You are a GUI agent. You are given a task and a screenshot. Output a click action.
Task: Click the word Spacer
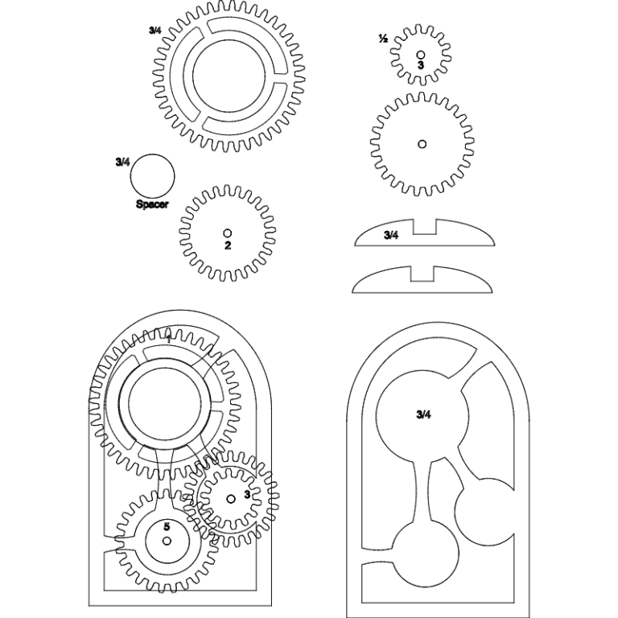152,204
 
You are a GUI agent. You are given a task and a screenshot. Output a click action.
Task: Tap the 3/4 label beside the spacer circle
122,162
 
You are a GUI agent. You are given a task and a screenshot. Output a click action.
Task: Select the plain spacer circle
152,176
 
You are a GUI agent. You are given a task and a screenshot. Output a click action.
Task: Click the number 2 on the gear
228,245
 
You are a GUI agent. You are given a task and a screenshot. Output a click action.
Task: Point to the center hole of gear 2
228,233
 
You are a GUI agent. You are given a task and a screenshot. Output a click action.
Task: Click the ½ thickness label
383,39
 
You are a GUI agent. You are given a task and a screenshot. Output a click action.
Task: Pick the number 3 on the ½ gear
420,64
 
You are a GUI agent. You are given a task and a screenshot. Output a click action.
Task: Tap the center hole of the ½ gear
420,54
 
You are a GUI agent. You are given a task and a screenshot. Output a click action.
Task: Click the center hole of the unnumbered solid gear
422,144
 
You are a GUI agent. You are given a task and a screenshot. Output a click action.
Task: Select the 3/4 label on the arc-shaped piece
391,235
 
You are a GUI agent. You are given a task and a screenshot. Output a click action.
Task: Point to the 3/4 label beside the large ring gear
155,31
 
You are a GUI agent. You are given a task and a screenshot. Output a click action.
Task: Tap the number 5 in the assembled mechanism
167,526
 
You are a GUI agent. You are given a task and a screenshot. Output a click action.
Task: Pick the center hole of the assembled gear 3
232,499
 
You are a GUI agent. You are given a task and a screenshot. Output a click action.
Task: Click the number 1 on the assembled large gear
167,339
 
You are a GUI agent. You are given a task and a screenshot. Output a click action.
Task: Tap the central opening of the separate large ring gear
229,77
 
